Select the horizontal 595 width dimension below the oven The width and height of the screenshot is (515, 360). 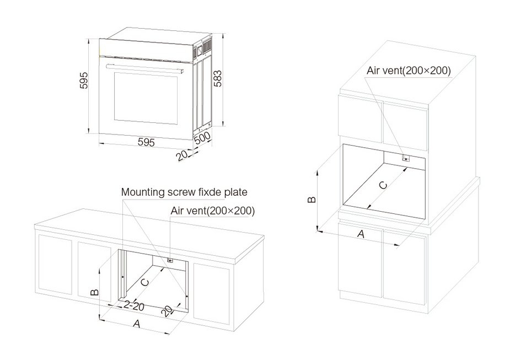146,142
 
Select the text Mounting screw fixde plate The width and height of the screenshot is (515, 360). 184,192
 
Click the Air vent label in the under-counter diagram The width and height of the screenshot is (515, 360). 212,210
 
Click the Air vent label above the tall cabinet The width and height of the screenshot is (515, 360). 409,70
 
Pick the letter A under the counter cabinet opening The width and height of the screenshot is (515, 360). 136,325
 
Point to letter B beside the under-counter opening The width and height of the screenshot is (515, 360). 94,292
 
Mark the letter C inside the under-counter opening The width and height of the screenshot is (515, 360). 144,282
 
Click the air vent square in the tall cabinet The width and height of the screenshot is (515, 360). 406,159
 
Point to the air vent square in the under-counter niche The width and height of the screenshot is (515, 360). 170,260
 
